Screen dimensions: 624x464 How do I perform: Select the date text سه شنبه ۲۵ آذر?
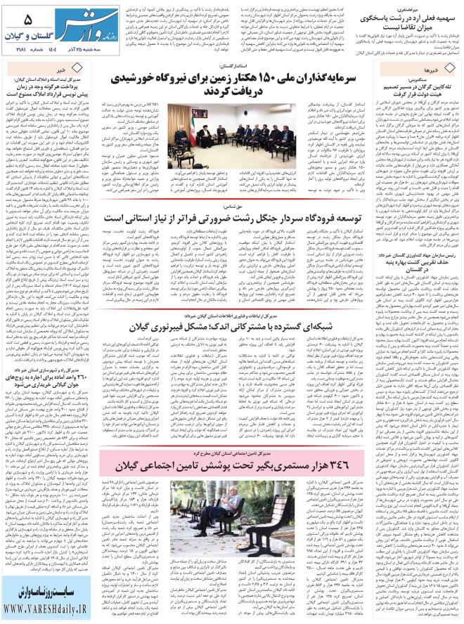point(82,50)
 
